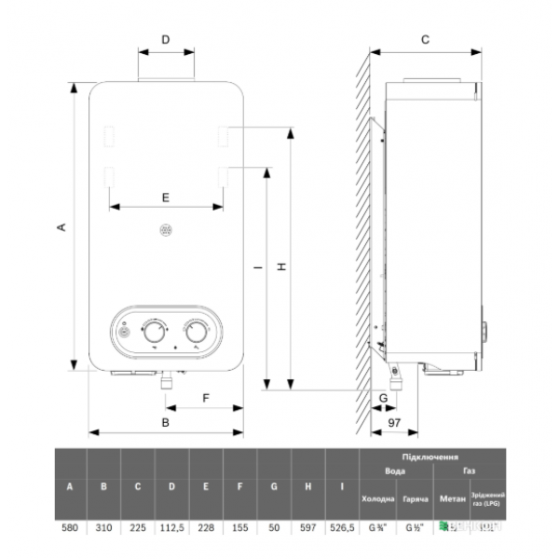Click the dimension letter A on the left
(x=61, y=226)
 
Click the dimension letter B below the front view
(x=165, y=422)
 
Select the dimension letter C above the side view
(x=424, y=39)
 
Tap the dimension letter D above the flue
(x=166, y=39)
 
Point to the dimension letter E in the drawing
(x=165, y=197)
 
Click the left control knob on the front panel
(x=153, y=331)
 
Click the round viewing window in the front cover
(x=166, y=228)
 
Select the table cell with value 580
(x=70, y=529)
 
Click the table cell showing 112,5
(x=172, y=529)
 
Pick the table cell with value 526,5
(x=343, y=529)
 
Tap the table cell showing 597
(x=307, y=529)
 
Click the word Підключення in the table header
(x=431, y=457)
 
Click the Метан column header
(x=452, y=501)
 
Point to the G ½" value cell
(x=416, y=529)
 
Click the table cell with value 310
(x=104, y=529)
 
